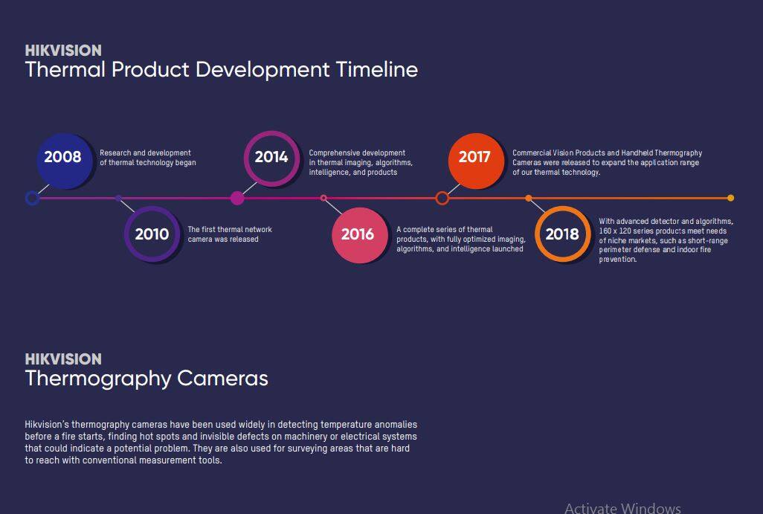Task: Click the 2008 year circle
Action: coord(64,161)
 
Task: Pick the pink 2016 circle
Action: coord(360,235)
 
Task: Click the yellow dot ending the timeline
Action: coord(730,198)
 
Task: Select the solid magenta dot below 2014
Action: coord(237,198)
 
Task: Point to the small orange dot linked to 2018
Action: coord(529,198)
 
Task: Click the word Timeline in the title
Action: coord(376,70)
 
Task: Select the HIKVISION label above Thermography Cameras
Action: coord(63,359)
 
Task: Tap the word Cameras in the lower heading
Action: coord(222,379)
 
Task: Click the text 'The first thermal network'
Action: coord(230,229)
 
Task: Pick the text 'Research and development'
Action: coord(145,152)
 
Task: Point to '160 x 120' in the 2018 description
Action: coord(614,231)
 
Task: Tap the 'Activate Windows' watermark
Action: coord(622,508)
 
